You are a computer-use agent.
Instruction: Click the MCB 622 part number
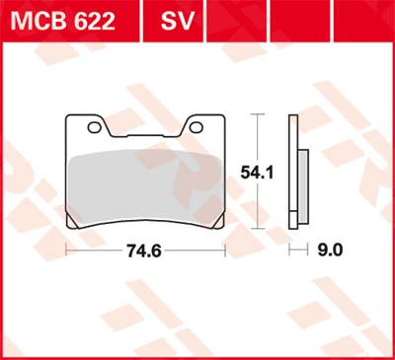coord(63,21)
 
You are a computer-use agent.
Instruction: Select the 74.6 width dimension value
coord(144,252)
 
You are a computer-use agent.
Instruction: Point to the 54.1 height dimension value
coord(257,173)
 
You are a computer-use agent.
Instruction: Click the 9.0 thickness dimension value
coord(330,251)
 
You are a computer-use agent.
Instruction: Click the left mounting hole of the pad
coord(94,127)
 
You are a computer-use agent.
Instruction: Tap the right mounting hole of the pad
coord(196,127)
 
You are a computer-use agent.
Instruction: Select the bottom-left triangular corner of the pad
coord(72,221)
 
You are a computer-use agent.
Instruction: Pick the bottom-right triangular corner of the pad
coord(218,221)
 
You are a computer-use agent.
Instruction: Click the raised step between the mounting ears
coord(145,135)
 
